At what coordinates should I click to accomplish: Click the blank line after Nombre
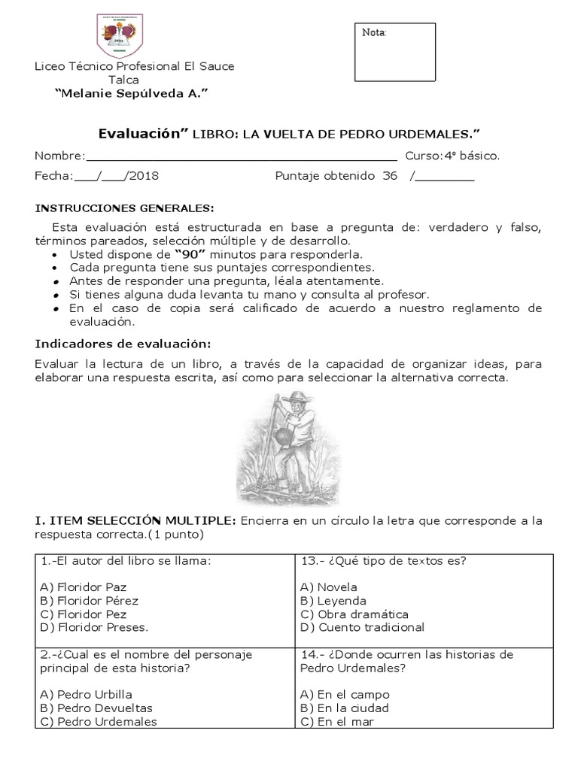(x=241, y=156)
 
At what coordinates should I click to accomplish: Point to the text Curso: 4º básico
(x=452, y=156)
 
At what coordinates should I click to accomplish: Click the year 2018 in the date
(x=143, y=176)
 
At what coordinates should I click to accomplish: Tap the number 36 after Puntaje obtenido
(x=390, y=176)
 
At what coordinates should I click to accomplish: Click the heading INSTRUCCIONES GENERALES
(x=124, y=208)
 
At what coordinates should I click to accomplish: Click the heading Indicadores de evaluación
(x=124, y=344)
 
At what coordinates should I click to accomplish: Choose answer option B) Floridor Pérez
(x=89, y=600)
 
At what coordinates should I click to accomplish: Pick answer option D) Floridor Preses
(x=93, y=627)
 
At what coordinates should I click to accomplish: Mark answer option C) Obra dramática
(x=354, y=614)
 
